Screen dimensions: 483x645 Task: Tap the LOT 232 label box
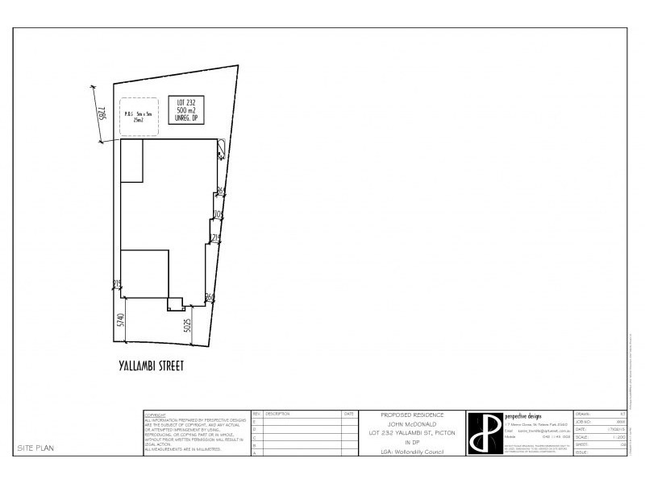click(192, 109)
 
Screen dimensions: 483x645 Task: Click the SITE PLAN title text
click(36, 448)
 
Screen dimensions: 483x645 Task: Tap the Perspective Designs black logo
click(483, 433)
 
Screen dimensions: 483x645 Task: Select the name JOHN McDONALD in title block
click(412, 423)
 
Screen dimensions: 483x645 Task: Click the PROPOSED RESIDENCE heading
click(412, 415)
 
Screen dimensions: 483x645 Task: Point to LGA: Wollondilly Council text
click(412, 452)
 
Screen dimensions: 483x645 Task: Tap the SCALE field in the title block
click(583, 436)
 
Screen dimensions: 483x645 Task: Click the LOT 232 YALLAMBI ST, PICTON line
click(412, 433)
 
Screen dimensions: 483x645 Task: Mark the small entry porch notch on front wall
click(175, 304)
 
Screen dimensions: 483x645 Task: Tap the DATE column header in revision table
click(348, 414)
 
